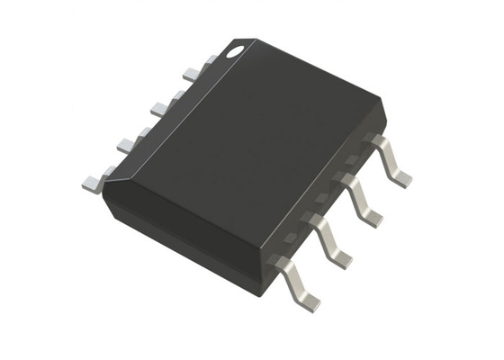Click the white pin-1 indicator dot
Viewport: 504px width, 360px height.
click(235, 52)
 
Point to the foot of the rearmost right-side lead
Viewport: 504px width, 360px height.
click(401, 178)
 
